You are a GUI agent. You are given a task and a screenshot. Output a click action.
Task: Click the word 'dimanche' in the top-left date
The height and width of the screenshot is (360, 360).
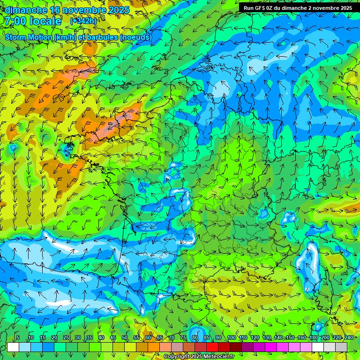(26, 10)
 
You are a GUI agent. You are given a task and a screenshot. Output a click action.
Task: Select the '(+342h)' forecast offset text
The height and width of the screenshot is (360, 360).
(83, 21)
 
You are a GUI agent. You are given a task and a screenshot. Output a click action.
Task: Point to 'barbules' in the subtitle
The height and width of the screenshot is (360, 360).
(104, 37)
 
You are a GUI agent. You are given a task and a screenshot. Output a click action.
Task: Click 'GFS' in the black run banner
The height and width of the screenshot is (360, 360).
(261, 8)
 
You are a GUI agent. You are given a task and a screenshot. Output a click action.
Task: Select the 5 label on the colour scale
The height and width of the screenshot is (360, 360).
(18, 338)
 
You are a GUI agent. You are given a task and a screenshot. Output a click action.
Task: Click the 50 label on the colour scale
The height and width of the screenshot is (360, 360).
(125, 338)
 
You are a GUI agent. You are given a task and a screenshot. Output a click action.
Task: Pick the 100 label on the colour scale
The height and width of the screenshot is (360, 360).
(232, 338)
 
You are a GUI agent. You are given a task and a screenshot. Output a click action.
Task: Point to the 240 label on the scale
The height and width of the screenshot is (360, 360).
(349, 338)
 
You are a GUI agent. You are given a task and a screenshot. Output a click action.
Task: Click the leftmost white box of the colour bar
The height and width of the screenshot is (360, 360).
(13, 347)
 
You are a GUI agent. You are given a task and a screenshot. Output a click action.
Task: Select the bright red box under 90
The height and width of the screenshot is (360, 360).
(212, 347)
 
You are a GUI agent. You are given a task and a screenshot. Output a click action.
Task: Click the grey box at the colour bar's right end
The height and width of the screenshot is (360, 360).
(341, 347)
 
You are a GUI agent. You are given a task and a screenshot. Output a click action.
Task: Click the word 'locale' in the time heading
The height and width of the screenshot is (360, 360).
(45, 21)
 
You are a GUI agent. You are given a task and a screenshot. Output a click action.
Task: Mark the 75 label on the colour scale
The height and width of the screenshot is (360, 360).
(183, 338)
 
